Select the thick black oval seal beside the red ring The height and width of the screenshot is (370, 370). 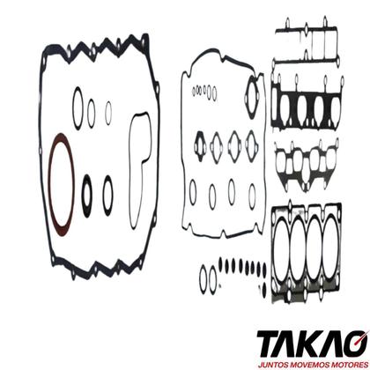(x=83, y=196)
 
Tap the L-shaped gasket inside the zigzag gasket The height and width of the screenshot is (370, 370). (x=131, y=170)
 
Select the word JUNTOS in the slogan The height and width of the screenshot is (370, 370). (x=271, y=365)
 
